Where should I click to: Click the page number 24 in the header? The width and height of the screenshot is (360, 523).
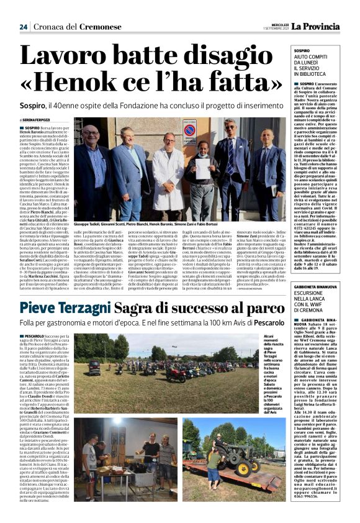pos(23,27)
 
